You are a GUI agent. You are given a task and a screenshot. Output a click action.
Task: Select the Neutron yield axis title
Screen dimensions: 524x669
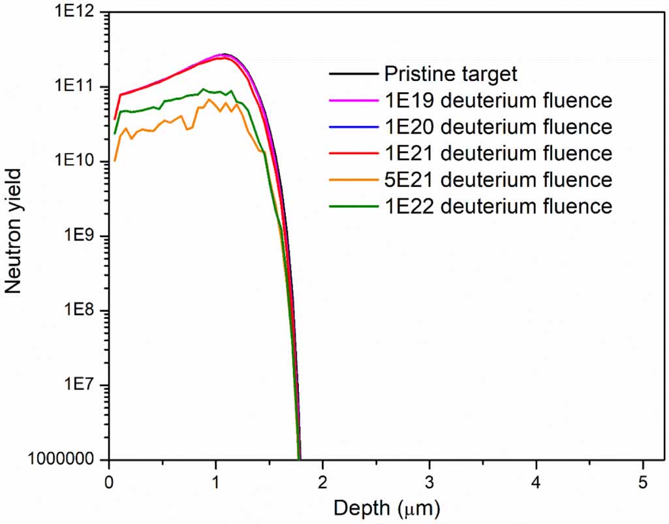point(14,230)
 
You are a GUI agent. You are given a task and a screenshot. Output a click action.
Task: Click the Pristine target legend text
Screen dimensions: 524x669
point(450,74)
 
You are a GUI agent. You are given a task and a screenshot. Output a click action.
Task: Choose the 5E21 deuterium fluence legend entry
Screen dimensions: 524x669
point(498,180)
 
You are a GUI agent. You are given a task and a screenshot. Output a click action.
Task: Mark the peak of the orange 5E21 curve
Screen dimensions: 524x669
point(208,99)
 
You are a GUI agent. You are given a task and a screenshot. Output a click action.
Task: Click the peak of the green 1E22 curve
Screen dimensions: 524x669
point(203,90)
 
